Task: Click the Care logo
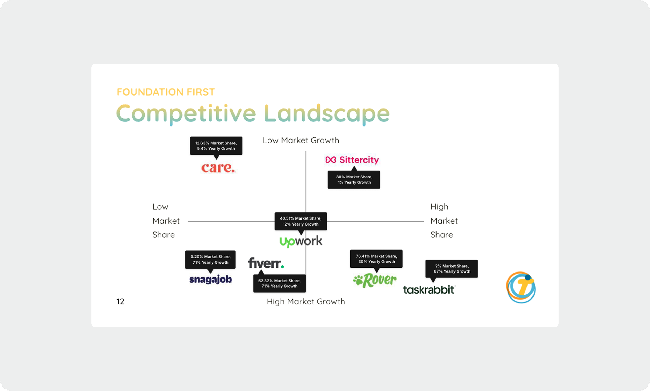218,168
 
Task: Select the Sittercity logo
352,160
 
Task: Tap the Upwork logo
301,241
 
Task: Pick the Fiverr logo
266,263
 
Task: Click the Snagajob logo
210,279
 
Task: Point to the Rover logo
375,280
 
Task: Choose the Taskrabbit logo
429,290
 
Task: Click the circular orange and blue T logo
521,287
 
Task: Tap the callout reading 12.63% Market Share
216,146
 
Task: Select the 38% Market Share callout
354,180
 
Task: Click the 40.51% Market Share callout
301,221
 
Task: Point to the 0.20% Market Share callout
210,260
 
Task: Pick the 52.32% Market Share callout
279,283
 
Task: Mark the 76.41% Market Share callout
376,259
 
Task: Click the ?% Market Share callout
451,269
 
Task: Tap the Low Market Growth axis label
301,141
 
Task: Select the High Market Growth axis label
306,301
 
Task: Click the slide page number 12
120,301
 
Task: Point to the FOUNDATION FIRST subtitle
166,92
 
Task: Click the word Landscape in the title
327,114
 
